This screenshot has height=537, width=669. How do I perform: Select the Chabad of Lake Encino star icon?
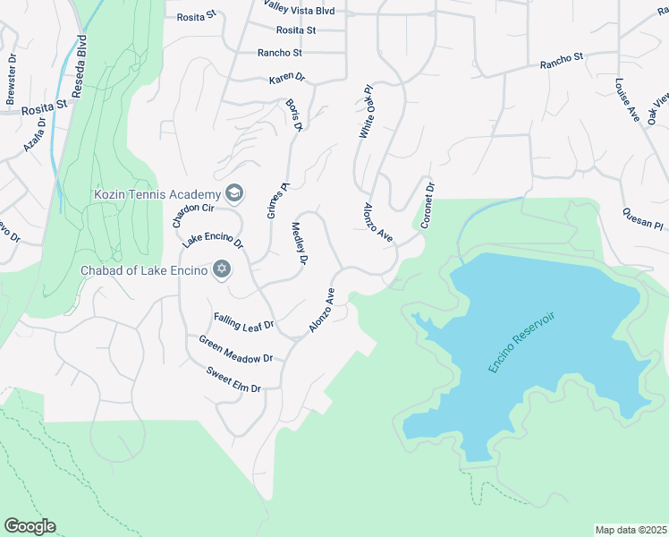[x=221, y=269]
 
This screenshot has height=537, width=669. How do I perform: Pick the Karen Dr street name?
[x=286, y=80]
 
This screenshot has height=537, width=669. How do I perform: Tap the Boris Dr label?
[x=293, y=115]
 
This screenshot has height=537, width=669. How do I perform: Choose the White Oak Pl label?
[x=366, y=112]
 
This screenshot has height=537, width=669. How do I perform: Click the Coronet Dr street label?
[x=428, y=206]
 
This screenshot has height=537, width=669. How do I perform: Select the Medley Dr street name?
[x=300, y=243]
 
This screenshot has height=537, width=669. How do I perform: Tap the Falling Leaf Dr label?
[x=243, y=321]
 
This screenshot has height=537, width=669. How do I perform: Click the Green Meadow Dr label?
[x=234, y=349]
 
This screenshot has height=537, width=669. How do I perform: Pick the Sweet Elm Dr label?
[x=233, y=380]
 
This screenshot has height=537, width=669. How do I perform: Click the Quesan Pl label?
[x=643, y=218]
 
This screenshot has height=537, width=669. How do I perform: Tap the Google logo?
[x=30, y=526]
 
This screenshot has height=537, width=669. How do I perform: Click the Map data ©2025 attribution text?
[x=630, y=530]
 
